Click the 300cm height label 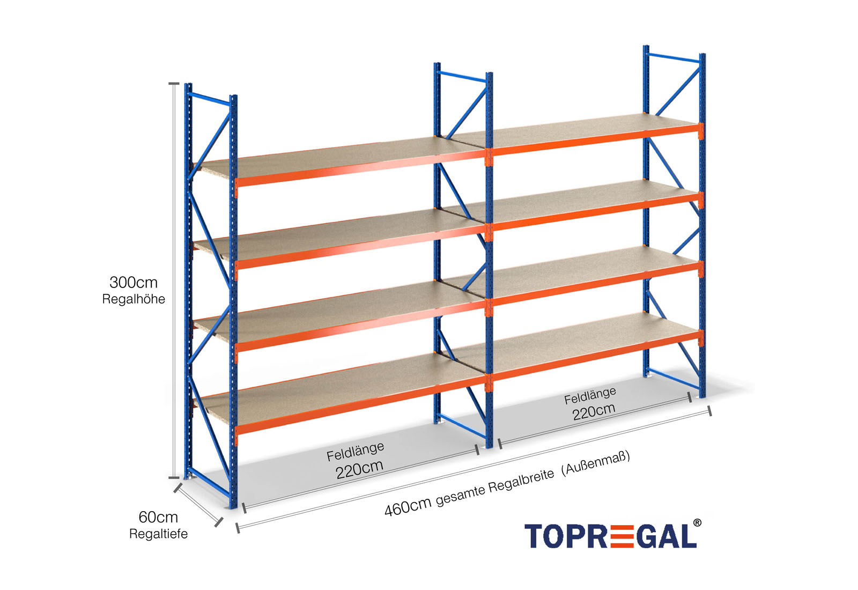pos(134,282)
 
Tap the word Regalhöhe pos(134,299)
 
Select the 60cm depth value pos(158,517)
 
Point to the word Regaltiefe pos(158,534)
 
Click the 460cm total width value pos(408,506)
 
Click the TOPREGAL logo pos(610,536)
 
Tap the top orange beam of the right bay pos(595,139)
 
